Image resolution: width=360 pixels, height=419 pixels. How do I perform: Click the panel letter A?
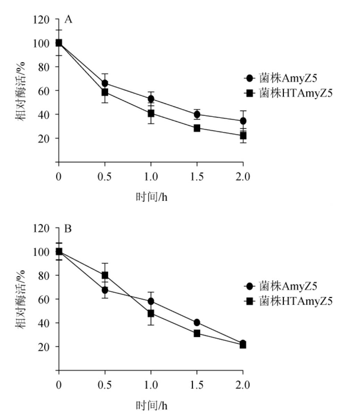click(69, 20)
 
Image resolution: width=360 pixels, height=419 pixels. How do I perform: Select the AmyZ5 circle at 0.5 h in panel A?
click(105, 83)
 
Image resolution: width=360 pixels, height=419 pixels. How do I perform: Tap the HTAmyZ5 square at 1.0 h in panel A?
click(151, 113)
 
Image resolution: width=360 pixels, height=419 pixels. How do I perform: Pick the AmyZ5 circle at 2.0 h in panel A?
click(243, 121)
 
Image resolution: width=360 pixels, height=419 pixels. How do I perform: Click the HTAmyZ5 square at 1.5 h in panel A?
click(197, 128)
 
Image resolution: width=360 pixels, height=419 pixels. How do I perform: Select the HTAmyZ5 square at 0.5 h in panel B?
click(105, 275)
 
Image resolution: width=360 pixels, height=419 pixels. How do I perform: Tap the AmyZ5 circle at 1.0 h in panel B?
click(151, 301)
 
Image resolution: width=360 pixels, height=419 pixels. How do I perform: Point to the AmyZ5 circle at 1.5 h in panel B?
click(197, 322)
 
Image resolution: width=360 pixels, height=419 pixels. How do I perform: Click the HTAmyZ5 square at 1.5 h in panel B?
click(197, 333)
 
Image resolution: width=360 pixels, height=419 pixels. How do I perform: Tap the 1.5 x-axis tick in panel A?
click(197, 176)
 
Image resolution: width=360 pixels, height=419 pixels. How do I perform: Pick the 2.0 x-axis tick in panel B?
click(242, 385)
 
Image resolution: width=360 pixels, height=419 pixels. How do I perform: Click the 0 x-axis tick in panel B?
click(59, 385)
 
